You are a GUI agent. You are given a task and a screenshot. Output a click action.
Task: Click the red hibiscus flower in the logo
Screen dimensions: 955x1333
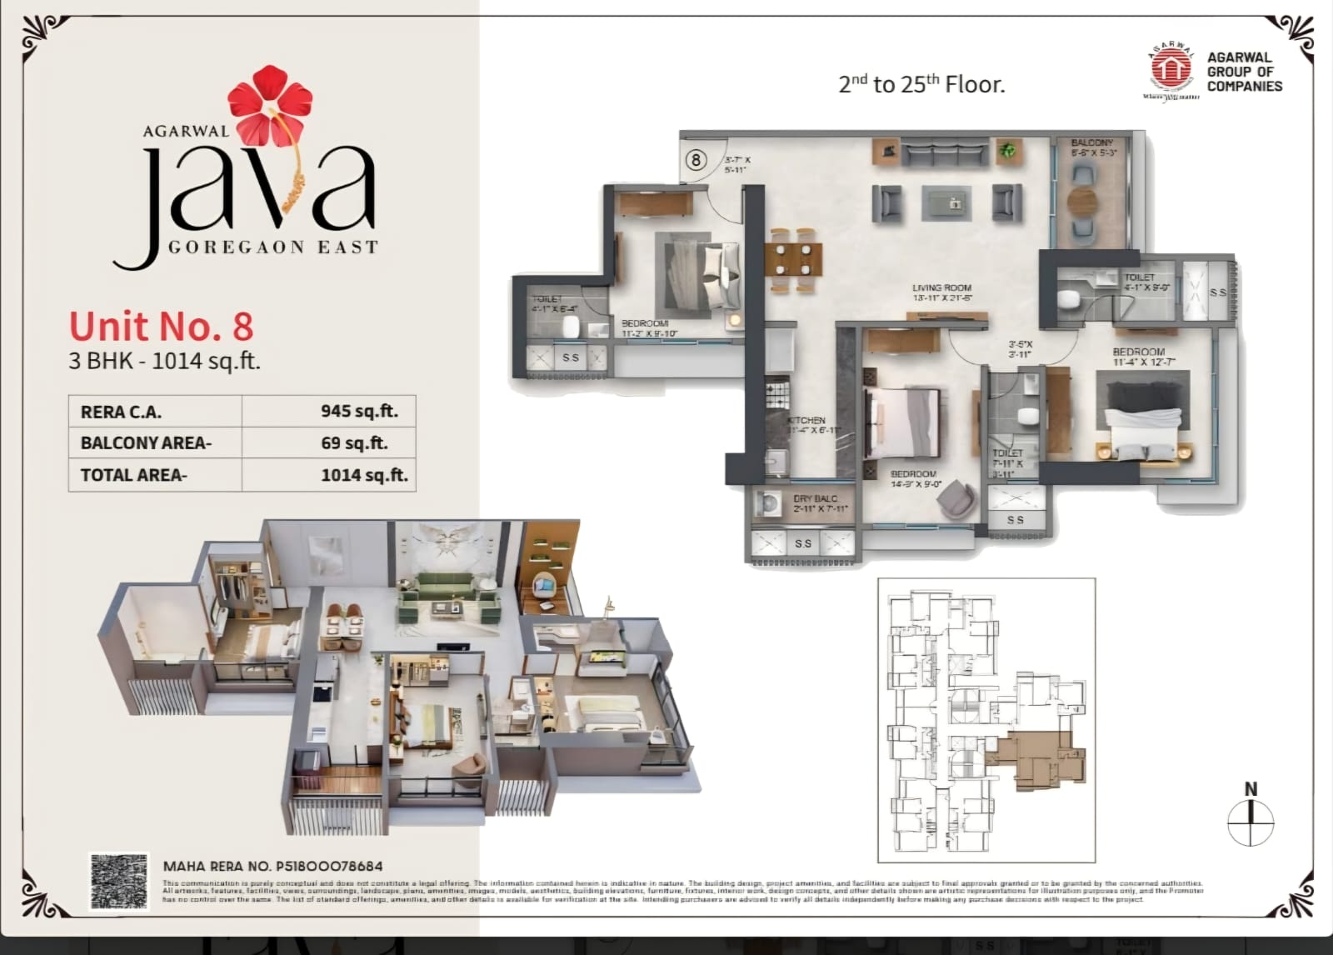(x=269, y=104)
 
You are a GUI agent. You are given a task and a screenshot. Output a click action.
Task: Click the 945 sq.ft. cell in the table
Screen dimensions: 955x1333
(x=359, y=411)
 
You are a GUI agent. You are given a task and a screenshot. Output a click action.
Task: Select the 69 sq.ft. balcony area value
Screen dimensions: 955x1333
(x=354, y=442)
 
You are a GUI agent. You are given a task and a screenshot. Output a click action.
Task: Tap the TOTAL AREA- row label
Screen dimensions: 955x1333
(x=133, y=475)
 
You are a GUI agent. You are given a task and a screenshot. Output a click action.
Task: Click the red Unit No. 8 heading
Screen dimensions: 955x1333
(x=161, y=326)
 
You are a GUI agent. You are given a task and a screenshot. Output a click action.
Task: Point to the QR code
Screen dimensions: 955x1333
(x=119, y=881)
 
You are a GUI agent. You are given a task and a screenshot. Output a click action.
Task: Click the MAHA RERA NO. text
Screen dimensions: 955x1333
(x=272, y=866)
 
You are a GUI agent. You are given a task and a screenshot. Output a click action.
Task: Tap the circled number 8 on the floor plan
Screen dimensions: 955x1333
(x=696, y=159)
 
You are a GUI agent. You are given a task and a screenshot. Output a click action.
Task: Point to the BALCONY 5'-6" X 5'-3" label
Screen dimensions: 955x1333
(x=1092, y=147)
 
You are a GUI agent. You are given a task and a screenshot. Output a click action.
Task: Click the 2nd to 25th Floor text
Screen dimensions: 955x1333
(x=921, y=83)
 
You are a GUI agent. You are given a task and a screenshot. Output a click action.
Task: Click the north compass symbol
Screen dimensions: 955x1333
(x=1251, y=821)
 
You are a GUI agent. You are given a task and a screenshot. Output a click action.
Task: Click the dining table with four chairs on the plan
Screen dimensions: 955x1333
(x=793, y=259)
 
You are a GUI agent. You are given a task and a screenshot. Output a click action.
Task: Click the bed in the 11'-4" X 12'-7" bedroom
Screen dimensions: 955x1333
(x=1142, y=421)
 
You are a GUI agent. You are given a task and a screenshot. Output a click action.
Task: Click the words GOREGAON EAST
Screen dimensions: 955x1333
(x=273, y=247)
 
